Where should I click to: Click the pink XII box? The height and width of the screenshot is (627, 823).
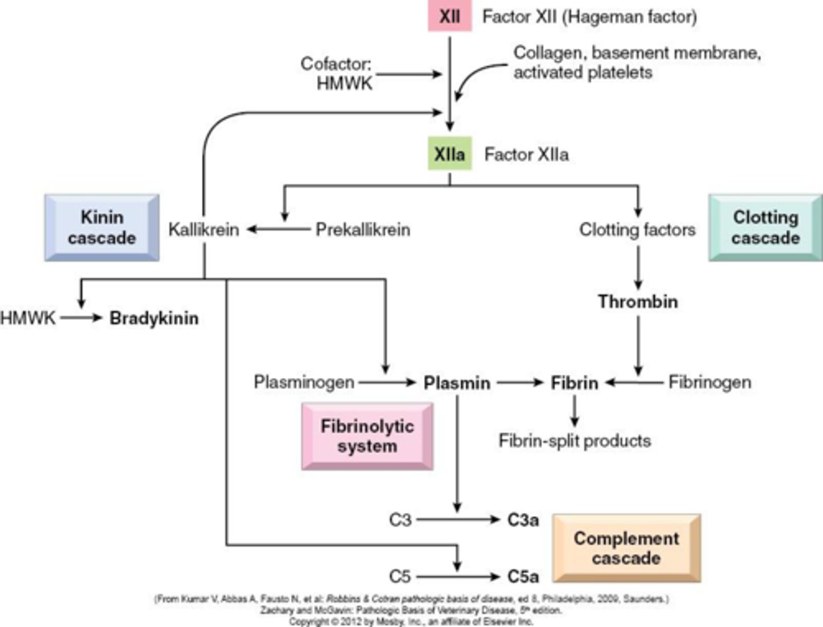click(x=450, y=17)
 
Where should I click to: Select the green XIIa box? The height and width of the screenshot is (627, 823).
click(x=450, y=154)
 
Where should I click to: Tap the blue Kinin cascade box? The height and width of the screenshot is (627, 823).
click(x=102, y=227)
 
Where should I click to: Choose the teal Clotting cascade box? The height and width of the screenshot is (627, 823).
click(x=765, y=227)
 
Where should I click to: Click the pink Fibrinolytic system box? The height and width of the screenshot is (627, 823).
click(x=367, y=436)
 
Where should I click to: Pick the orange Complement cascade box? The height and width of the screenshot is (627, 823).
click(x=626, y=548)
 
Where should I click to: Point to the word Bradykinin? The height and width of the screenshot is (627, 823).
click(x=154, y=318)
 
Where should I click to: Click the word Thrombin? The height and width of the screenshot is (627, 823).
click(x=638, y=301)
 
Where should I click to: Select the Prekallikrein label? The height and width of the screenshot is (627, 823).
click(x=363, y=230)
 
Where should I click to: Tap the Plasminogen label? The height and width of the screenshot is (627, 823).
click(x=304, y=382)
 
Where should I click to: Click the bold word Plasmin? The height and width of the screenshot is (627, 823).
click(x=457, y=382)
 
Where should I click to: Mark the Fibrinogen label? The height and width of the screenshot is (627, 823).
click(x=710, y=382)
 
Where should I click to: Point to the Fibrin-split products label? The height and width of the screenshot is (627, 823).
click(x=574, y=441)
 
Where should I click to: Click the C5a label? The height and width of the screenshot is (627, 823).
click(x=523, y=576)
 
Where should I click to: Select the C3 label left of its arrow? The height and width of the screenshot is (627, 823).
click(x=400, y=520)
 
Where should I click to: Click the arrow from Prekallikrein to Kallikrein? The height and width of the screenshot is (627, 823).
click(x=277, y=230)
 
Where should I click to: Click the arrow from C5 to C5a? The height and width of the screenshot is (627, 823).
click(x=457, y=576)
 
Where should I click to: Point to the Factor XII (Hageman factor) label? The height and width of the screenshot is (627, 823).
click(x=589, y=17)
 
